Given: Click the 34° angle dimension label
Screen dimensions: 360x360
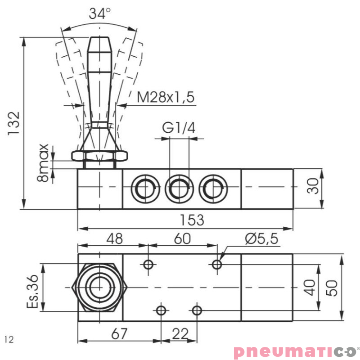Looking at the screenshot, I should pyautogui.click(x=99, y=13).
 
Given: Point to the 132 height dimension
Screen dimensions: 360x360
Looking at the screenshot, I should pyautogui.click(x=13, y=123).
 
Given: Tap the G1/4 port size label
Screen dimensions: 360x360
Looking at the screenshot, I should pyautogui.click(x=179, y=128).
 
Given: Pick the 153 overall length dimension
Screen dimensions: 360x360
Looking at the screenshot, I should pyautogui.click(x=192, y=220).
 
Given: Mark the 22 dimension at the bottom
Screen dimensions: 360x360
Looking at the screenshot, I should pyautogui.click(x=180, y=334).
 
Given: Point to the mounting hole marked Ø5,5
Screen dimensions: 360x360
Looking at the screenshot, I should pyautogui.click(x=217, y=265).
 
